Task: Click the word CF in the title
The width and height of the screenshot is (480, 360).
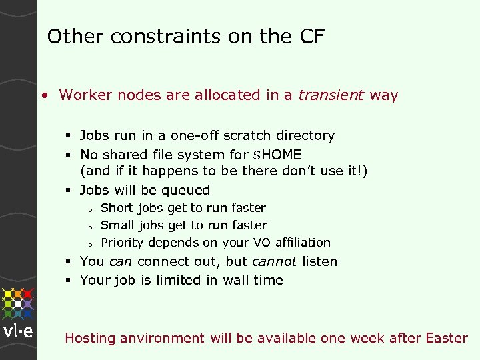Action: (x=311, y=37)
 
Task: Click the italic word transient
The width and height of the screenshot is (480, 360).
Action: (x=331, y=95)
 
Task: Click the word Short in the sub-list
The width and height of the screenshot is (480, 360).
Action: (x=117, y=208)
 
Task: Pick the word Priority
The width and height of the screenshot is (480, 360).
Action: (x=123, y=243)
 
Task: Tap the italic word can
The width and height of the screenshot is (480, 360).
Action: (x=120, y=261)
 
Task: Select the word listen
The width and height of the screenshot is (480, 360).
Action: (x=319, y=261)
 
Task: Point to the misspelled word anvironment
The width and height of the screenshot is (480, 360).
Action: (x=163, y=338)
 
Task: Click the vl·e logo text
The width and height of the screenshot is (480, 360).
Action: (x=18, y=332)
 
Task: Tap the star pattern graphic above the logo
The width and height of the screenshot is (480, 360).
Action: (x=18, y=303)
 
